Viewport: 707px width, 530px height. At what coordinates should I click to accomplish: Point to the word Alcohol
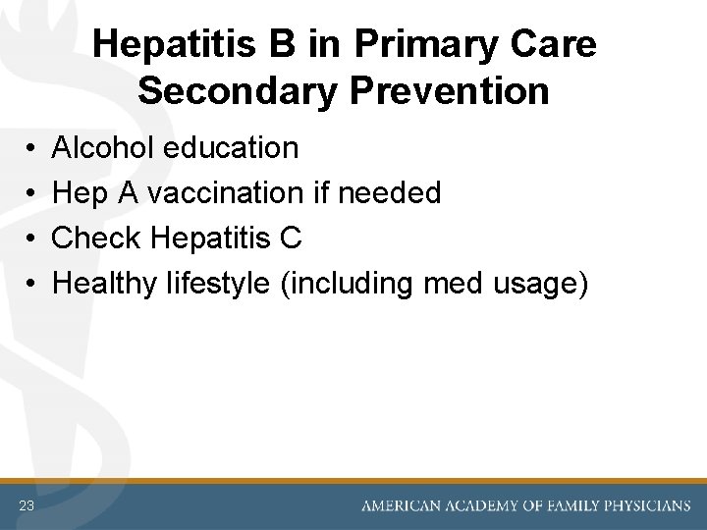coord(105,148)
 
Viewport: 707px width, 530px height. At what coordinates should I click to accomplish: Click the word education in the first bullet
coord(233,148)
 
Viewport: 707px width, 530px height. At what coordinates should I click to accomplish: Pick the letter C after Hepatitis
coord(290,238)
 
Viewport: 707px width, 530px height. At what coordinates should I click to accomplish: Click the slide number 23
coord(27,505)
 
